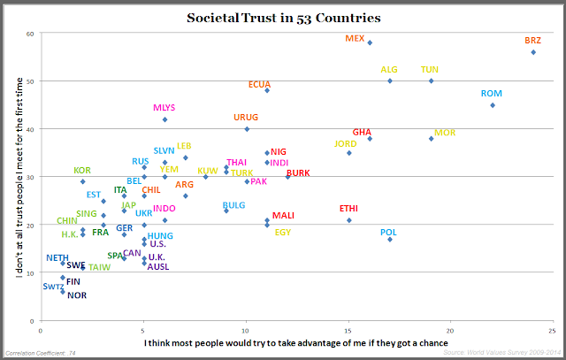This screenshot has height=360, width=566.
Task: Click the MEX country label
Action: (x=355, y=39)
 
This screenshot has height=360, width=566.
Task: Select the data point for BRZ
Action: (x=533, y=52)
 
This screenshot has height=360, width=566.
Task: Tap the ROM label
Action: (x=492, y=94)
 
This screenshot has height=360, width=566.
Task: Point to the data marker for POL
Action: (x=390, y=240)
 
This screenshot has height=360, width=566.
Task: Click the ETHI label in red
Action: (x=348, y=209)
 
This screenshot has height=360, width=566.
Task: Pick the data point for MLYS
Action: (x=164, y=119)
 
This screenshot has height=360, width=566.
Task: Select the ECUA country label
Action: (x=259, y=85)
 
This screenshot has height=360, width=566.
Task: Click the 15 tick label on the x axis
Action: (x=348, y=330)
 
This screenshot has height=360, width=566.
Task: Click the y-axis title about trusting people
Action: (x=19, y=177)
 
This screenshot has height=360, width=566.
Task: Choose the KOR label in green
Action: (x=82, y=171)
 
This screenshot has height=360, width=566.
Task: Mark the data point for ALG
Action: (x=389, y=81)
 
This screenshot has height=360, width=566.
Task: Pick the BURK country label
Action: (x=299, y=173)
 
